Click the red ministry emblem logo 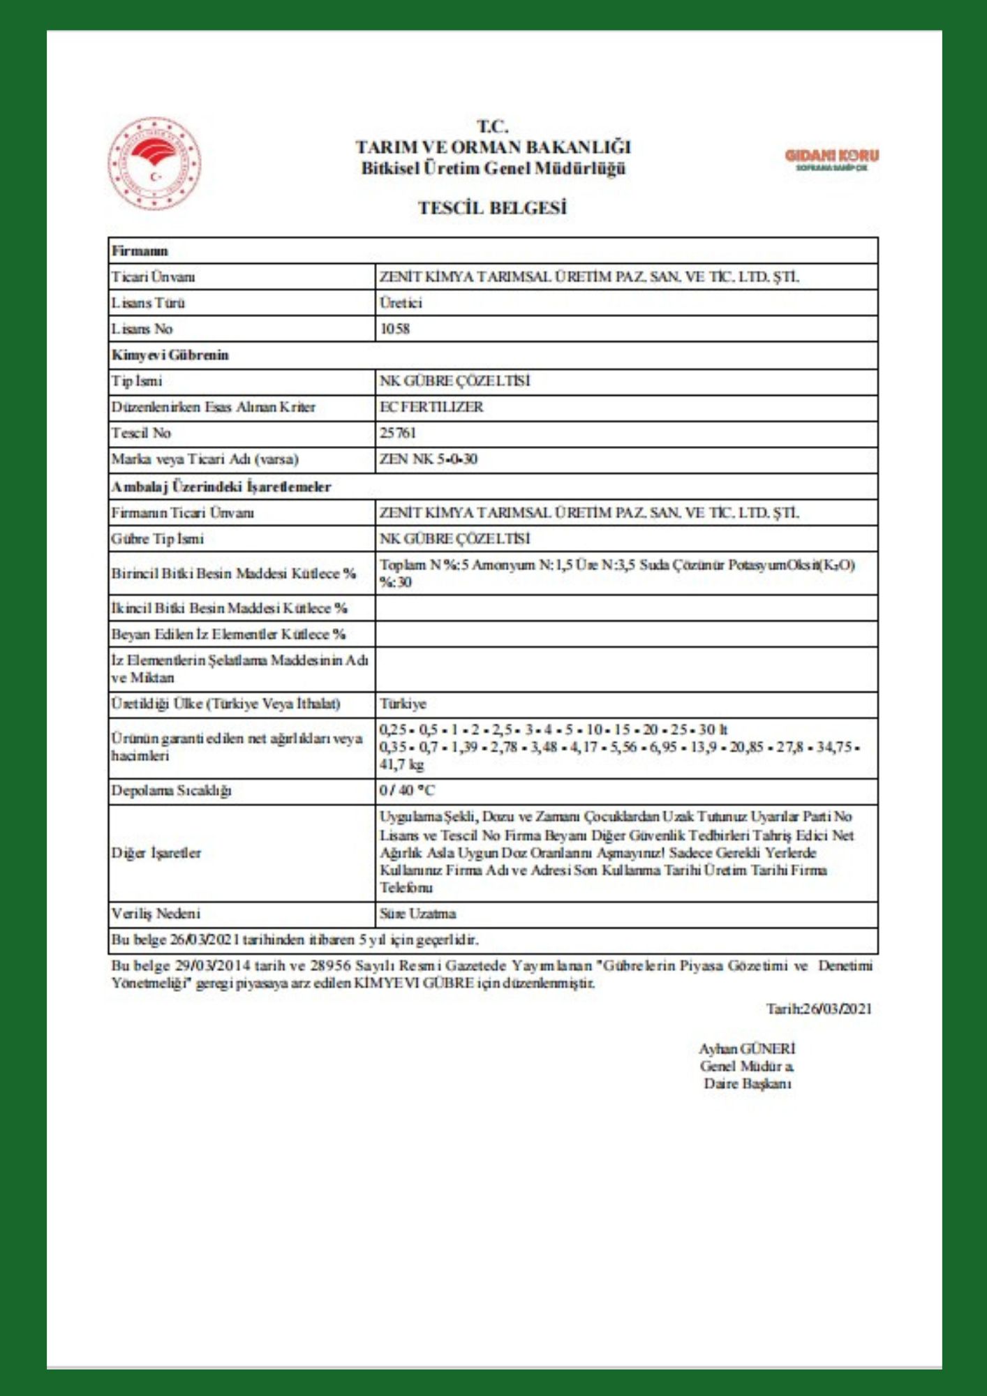point(154,163)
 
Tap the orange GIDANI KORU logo point(831,158)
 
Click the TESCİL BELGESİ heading point(492,208)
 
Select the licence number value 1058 point(394,329)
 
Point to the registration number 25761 point(398,433)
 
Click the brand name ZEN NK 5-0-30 point(429,459)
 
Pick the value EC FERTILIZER point(431,407)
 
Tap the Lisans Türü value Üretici point(401,303)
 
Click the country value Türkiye point(403,704)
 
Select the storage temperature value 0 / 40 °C point(407,791)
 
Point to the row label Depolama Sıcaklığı point(171,791)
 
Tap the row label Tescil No point(141,433)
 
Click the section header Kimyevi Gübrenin point(170,355)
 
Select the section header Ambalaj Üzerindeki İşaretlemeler point(221,487)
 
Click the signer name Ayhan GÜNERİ point(747,1048)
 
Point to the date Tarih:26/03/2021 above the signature point(819,1009)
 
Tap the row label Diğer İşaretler point(156,852)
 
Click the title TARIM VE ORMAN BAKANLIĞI point(493,147)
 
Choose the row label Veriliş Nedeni point(156,914)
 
